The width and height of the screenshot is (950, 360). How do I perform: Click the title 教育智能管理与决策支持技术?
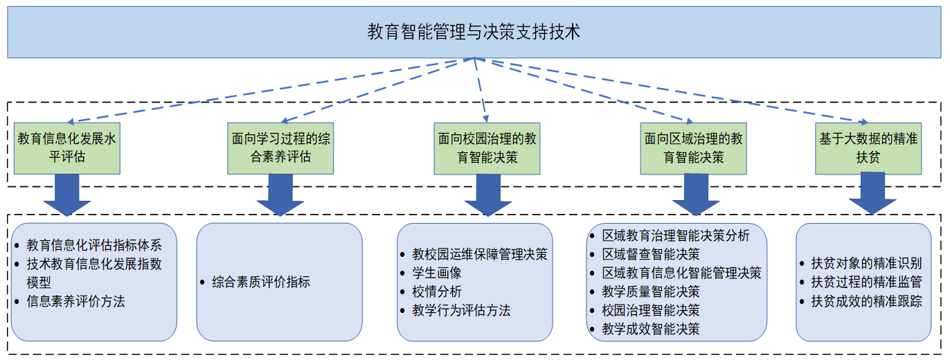[474, 32]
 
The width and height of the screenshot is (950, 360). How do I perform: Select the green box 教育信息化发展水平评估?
[66, 147]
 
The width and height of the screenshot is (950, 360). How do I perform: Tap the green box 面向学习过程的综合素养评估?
[280, 147]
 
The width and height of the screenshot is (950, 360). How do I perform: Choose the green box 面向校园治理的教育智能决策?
[487, 147]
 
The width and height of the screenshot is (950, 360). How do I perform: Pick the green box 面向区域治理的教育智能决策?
[693, 147]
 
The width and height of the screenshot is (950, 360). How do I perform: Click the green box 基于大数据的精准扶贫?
[868, 147]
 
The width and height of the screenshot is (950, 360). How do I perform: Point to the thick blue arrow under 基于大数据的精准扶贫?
[872, 194]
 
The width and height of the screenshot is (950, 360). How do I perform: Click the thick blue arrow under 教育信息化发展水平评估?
[66, 195]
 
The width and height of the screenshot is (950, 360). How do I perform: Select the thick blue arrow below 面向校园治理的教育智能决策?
[488, 195]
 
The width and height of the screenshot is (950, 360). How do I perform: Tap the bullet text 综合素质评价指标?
[260, 282]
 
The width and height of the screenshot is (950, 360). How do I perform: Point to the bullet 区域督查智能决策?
[650, 254]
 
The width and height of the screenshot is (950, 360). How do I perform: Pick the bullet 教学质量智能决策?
[650, 291]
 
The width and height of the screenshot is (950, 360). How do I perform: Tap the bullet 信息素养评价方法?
[75, 301]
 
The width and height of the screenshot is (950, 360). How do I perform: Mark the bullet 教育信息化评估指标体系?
[94, 244]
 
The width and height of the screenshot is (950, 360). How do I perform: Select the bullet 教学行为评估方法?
[461, 310]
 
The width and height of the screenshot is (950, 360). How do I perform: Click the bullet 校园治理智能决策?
[650, 310]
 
